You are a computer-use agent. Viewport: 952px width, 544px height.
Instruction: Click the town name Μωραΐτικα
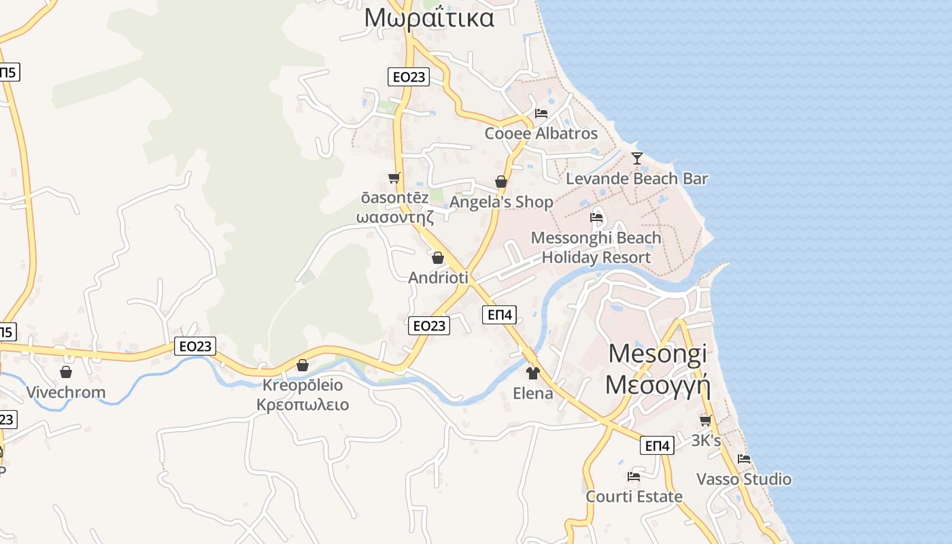(429, 18)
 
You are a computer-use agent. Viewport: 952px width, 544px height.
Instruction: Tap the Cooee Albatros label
(541, 133)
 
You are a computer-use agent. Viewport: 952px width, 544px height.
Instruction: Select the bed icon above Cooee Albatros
(541, 113)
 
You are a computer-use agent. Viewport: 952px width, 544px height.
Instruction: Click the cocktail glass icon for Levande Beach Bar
(636, 158)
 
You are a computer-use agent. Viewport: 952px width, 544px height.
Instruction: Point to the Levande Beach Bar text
(637, 179)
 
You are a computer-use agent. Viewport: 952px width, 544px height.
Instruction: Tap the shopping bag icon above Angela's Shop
(501, 182)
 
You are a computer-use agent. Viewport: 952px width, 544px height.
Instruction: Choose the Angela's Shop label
(501, 202)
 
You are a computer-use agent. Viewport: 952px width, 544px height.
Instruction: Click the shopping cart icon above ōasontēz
(394, 177)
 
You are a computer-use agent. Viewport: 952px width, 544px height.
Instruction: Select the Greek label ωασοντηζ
(395, 218)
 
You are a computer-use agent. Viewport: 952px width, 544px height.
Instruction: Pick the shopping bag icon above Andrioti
(438, 258)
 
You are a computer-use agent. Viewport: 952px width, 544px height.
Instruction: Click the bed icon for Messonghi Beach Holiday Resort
(596, 218)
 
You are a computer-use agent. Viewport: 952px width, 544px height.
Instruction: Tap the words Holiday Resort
(596, 258)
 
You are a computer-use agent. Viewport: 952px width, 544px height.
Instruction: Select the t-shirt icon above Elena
(532, 373)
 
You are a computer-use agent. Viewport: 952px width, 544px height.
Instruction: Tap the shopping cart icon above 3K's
(706, 420)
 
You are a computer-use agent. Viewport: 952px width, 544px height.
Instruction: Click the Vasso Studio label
(744, 479)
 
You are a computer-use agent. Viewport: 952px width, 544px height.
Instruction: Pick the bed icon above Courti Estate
(634, 476)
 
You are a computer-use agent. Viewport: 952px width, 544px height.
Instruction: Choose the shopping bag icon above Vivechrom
(66, 372)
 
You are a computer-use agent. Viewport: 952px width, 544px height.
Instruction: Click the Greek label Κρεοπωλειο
(303, 405)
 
